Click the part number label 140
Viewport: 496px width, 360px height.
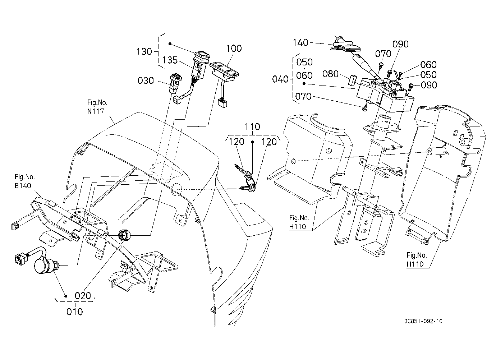300,42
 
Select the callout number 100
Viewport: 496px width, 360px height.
234,48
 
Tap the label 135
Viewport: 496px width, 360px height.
170,60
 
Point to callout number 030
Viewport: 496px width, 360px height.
146,80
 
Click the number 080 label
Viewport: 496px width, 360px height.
330,74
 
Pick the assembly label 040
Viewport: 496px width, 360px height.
280,79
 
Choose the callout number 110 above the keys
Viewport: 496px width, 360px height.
252,127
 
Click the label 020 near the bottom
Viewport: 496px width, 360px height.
83,296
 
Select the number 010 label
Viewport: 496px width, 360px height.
75,312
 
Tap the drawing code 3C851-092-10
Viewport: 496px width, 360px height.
423,321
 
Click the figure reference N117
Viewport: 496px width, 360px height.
96,111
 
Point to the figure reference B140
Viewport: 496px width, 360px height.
23,185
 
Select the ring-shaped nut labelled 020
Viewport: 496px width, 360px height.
124,235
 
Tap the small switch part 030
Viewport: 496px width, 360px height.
175,83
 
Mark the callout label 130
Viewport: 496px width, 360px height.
144,52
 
